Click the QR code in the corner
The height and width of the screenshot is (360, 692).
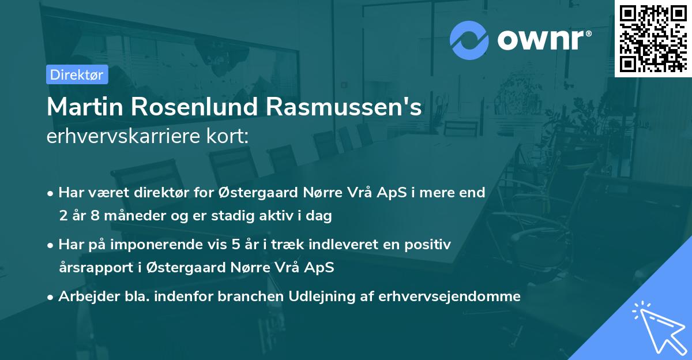(x=653, y=37)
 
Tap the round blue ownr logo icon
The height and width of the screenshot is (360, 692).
(x=469, y=40)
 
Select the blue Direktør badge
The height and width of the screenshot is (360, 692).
(x=77, y=74)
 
